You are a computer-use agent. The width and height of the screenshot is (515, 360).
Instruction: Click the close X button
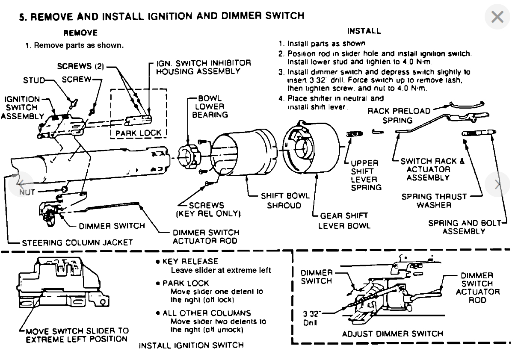click(x=497, y=18)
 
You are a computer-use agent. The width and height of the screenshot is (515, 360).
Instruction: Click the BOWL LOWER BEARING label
click(x=210, y=106)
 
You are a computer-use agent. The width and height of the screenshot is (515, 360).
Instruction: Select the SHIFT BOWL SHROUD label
click(x=285, y=201)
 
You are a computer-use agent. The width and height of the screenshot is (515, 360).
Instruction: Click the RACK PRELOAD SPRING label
click(x=399, y=115)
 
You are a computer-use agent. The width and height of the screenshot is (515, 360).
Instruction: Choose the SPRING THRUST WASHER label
click(x=434, y=201)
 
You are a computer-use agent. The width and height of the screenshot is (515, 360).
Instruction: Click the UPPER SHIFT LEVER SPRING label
click(x=364, y=175)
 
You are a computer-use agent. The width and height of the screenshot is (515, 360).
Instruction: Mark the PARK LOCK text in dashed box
click(x=138, y=133)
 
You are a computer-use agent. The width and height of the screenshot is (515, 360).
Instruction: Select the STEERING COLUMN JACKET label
click(x=77, y=242)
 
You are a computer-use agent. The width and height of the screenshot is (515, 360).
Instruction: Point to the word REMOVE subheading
click(x=80, y=33)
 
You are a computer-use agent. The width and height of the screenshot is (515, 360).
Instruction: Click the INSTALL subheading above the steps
click(x=364, y=31)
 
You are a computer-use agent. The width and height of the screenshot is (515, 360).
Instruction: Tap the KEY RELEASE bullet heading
click(x=190, y=261)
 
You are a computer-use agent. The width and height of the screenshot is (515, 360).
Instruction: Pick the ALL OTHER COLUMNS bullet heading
click(x=207, y=313)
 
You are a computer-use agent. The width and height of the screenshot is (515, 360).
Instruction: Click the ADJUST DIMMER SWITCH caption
click(x=393, y=333)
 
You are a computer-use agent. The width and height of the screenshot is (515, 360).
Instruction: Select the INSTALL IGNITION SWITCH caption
click(x=191, y=345)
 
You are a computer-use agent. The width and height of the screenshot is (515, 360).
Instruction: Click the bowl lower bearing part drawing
click(x=189, y=156)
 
